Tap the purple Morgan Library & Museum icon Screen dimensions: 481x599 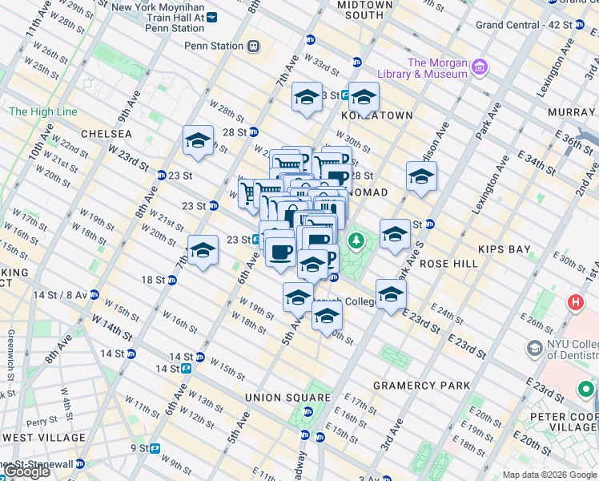point(480,65)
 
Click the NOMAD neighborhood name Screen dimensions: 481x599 point(368,192)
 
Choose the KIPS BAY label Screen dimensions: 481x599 point(505,249)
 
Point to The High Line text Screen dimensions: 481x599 point(42,112)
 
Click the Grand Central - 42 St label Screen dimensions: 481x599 point(524,25)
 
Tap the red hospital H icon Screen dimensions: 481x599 point(575,303)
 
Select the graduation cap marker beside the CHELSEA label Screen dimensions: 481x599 point(198,142)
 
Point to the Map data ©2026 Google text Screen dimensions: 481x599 point(549,475)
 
